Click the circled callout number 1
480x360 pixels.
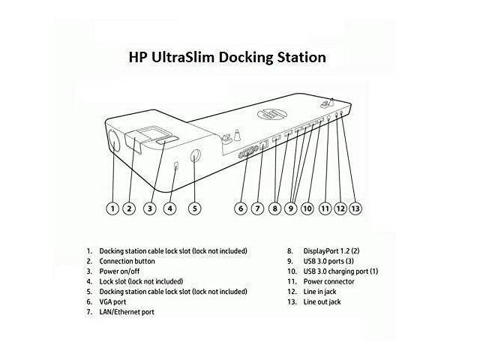[112, 208]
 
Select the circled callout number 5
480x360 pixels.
[194, 208]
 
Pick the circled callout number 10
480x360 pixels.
[307, 208]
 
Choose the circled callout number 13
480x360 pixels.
[355, 208]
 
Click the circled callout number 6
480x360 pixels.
[241, 208]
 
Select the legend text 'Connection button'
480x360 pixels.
[127, 261]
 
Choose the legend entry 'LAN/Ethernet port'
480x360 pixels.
[127, 312]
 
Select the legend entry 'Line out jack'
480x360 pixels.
[322, 301]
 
